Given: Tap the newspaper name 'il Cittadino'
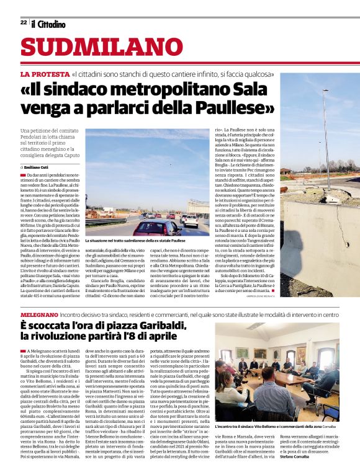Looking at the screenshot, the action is pos(48,23).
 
